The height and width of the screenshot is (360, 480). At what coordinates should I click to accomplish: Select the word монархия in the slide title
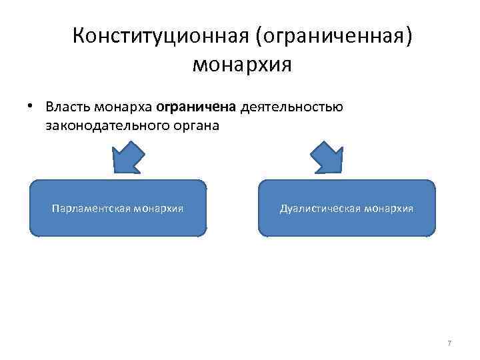[243, 65]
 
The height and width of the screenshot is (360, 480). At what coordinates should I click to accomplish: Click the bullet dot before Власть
[31, 107]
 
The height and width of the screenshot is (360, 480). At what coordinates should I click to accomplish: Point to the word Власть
[67, 107]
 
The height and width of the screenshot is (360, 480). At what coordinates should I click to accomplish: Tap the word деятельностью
[292, 107]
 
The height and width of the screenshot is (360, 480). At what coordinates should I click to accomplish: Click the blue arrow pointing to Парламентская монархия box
[129, 159]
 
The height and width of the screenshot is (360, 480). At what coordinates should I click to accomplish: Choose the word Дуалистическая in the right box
[321, 208]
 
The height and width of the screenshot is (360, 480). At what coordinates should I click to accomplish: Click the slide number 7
[449, 343]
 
